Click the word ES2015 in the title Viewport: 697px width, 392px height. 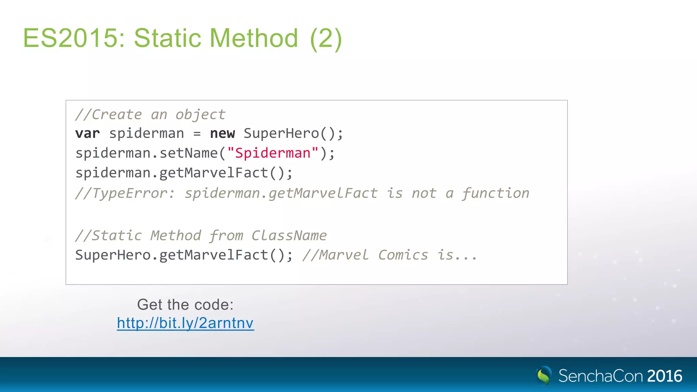coord(70,38)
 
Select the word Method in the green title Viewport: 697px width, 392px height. coord(254,38)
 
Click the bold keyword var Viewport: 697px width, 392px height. coord(87,133)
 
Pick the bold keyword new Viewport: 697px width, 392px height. coord(222,133)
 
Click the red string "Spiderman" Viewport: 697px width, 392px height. coord(273,153)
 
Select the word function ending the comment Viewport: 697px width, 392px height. coord(495,193)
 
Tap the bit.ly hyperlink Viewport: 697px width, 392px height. coord(185,323)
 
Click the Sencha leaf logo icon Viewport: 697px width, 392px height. coord(544,376)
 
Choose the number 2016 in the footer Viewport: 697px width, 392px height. coord(665,376)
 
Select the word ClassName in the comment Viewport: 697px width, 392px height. coord(289,235)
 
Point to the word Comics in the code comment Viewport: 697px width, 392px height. coord(403,255)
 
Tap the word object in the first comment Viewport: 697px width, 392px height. coord(200,115)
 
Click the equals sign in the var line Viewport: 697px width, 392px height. coord(197,133)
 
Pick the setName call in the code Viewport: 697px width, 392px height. coord(189,153)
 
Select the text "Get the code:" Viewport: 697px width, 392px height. coord(185,305)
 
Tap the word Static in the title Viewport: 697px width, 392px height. coord(168,38)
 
